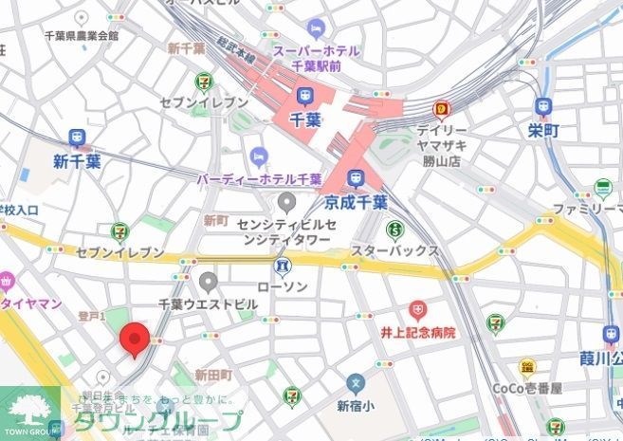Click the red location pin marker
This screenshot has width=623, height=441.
pyautogui.click(x=134, y=339)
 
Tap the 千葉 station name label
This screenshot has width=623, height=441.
pyautogui.click(x=304, y=120)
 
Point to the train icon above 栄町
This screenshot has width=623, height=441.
pyautogui.click(x=542, y=106)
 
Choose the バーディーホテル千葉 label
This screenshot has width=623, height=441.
pyautogui.click(x=259, y=178)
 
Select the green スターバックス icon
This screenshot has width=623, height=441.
pyautogui.click(x=394, y=229)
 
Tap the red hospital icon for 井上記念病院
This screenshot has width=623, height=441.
pyautogui.click(x=417, y=310)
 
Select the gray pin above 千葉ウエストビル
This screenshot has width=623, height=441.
pyautogui.click(x=209, y=281)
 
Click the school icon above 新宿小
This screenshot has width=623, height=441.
pyautogui.click(x=355, y=385)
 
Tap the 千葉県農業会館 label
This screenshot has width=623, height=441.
pyautogui.click(x=82, y=35)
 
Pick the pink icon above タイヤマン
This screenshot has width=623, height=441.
pyautogui.click(x=7, y=281)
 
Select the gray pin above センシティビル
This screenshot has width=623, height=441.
pyautogui.click(x=288, y=202)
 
